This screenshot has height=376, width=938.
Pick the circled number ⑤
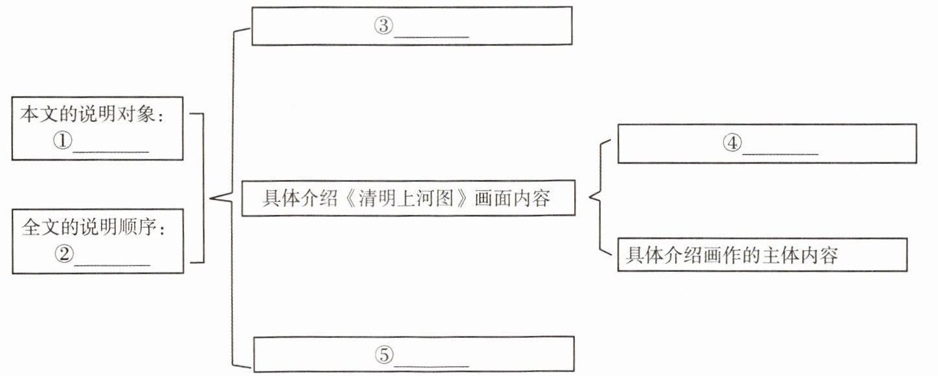coord(383,355)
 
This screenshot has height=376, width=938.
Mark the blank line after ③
coord(431,35)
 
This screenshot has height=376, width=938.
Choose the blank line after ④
coord(781,153)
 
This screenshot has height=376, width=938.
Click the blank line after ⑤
coord(431,364)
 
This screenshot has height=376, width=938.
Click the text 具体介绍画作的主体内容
coord(732,255)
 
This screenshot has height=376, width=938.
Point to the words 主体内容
coord(808,255)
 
